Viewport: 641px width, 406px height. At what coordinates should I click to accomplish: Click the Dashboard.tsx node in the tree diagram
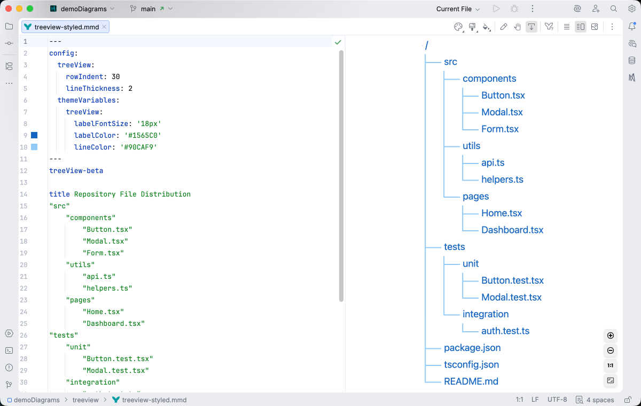coord(512,230)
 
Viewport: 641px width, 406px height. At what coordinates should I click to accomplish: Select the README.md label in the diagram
coord(471,381)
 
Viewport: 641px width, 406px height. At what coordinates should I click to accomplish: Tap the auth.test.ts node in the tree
coord(505,331)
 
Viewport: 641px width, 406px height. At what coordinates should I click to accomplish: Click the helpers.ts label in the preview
coord(502,179)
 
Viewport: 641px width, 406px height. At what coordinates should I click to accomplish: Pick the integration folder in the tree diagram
coord(485,314)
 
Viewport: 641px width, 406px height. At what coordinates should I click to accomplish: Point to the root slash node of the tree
coord(426,45)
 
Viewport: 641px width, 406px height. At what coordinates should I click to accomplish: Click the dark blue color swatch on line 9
coord(34,136)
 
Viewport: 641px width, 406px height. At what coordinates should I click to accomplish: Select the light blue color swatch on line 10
coord(34,147)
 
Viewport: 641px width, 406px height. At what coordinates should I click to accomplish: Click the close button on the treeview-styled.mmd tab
coord(104,27)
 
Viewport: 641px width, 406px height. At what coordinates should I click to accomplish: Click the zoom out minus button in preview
coord(611,351)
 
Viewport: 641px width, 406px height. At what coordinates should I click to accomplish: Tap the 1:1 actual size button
coord(611,366)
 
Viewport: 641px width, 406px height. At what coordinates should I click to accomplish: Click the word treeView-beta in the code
coord(76,171)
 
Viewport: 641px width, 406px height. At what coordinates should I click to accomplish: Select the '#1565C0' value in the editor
coord(143,136)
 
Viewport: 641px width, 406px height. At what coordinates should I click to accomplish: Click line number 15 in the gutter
coord(24,194)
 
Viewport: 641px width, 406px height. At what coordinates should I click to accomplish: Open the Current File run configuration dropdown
coord(458,9)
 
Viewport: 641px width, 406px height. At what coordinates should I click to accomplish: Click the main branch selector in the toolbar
coord(151,9)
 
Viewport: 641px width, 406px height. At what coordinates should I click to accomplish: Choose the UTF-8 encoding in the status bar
coord(557,400)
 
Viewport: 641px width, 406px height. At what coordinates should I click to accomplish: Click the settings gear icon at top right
coord(631,9)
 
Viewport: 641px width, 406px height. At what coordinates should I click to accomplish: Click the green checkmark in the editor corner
coord(338,42)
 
